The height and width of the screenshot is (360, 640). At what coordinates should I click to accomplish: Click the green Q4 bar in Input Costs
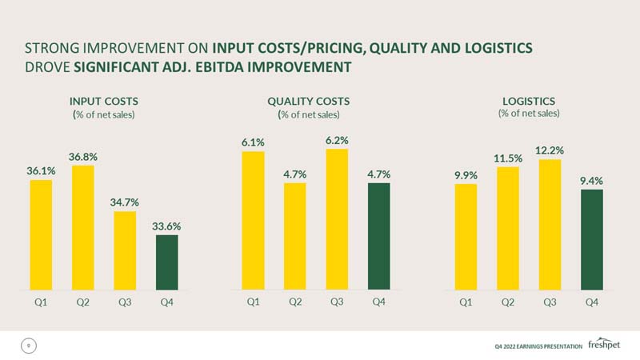(x=167, y=262)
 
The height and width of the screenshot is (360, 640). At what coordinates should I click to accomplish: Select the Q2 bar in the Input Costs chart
(x=83, y=228)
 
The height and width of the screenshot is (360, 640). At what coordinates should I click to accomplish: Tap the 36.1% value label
(x=41, y=171)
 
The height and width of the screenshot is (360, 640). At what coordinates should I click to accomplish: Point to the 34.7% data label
(x=125, y=202)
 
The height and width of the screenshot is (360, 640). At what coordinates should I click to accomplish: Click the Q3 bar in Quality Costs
(x=337, y=219)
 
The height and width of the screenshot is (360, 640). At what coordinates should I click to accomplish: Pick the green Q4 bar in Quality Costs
(x=378, y=236)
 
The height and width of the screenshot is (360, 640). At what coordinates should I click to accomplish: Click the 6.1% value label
(x=253, y=142)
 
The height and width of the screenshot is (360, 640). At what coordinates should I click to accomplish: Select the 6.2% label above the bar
(x=337, y=141)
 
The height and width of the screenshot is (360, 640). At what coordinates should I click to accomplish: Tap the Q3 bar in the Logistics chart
(x=550, y=225)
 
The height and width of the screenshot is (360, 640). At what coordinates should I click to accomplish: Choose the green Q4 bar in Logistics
(x=592, y=239)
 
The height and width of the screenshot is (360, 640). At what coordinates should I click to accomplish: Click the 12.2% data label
(x=550, y=150)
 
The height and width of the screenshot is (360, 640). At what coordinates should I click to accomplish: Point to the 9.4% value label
(x=591, y=181)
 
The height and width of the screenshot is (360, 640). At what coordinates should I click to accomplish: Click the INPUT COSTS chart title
(x=104, y=102)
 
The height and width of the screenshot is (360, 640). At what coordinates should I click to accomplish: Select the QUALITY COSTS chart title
(x=309, y=102)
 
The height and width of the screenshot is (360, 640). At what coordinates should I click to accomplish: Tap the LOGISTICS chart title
(x=529, y=102)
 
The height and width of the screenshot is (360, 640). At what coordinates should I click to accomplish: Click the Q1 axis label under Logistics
(x=466, y=302)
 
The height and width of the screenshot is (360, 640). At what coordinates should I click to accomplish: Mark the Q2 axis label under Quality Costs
(x=295, y=302)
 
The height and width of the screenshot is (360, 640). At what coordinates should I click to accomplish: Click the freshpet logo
(x=604, y=344)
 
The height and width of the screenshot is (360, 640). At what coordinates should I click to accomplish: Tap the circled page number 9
(x=29, y=346)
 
